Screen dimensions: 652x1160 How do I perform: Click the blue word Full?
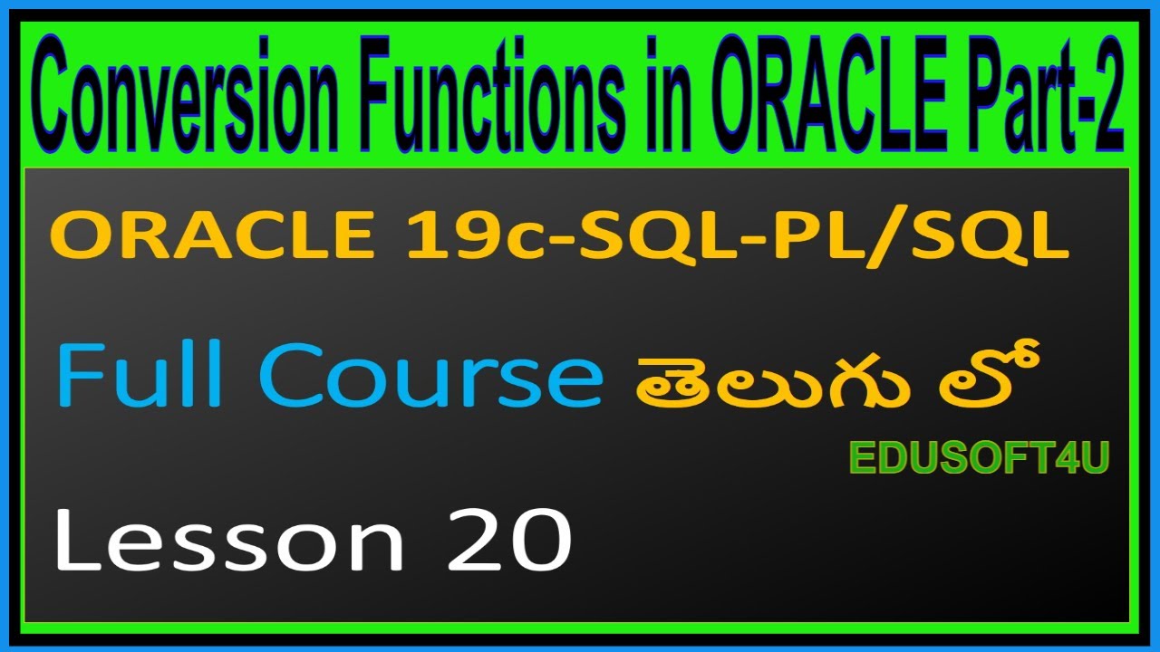[x=146, y=376]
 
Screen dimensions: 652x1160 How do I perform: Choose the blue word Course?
[x=430, y=376]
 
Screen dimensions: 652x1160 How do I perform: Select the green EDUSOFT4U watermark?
[x=979, y=459]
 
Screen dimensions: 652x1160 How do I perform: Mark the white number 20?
[x=507, y=540]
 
